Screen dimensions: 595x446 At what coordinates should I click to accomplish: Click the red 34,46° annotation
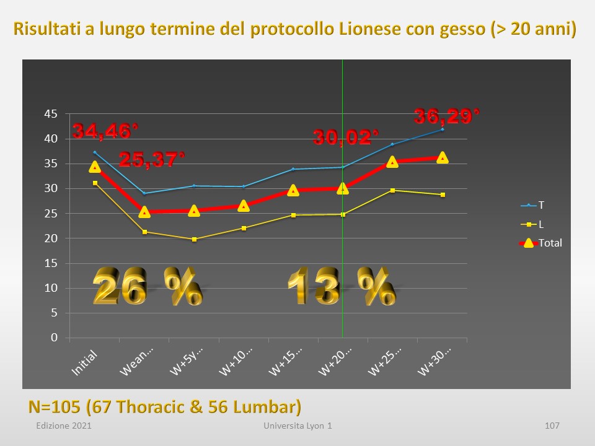(x=105, y=131)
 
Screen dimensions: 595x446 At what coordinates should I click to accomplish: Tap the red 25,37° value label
(x=152, y=159)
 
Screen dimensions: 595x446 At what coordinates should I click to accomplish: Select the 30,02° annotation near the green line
(x=346, y=138)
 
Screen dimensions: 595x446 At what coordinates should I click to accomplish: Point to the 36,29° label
(x=447, y=116)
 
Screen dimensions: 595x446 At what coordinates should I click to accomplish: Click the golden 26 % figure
(x=148, y=286)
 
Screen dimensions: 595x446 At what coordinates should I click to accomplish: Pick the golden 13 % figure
(x=342, y=286)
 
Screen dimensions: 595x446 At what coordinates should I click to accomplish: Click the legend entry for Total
(x=540, y=243)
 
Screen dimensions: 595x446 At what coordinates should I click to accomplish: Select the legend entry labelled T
(x=532, y=205)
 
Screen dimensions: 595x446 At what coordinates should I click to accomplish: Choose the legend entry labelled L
(x=532, y=224)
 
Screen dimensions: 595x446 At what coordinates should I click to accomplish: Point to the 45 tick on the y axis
(x=51, y=114)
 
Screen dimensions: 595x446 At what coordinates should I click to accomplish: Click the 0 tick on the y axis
(x=55, y=338)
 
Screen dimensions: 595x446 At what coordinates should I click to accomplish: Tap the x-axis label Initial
(x=85, y=364)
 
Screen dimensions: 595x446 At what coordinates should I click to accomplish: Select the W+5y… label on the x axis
(x=187, y=362)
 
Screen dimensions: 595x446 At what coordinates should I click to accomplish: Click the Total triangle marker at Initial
(x=94, y=167)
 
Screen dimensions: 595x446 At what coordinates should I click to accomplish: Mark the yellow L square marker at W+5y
(x=194, y=239)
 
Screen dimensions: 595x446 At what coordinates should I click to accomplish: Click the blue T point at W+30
(x=443, y=129)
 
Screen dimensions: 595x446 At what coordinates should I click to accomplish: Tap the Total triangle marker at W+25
(x=392, y=162)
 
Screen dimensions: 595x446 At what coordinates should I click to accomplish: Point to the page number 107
(x=552, y=426)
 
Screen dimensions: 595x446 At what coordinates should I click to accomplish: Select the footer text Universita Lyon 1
(x=298, y=426)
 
